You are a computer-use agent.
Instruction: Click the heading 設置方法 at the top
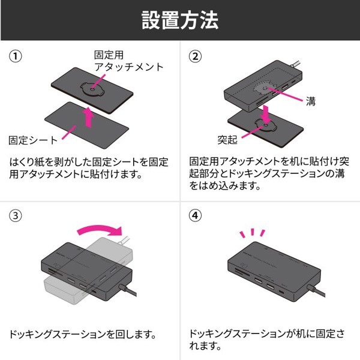(x=180, y=20)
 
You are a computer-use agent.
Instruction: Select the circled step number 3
(x=16, y=214)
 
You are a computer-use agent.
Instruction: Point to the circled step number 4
(x=195, y=214)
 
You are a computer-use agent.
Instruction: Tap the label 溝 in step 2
(x=310, y=101)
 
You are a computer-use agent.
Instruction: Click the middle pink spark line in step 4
(x=253, y=231)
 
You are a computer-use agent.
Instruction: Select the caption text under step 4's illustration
(x=266, y=340)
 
